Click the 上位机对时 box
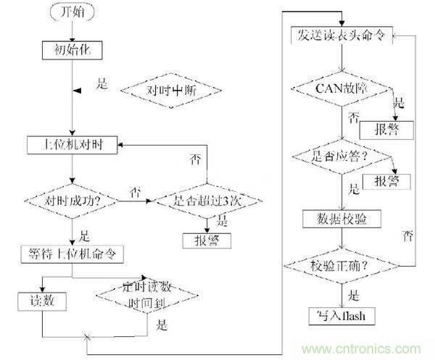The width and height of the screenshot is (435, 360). click(x=74, y=144)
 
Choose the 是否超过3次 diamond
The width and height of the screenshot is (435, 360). click(x=204, y=198)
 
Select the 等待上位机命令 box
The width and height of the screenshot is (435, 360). click(x=73, y=254)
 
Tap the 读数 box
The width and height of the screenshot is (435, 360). click(x=43, y=300)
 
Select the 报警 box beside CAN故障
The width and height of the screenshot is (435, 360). click(x=386, y=130)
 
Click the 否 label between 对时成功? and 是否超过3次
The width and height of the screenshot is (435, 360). click(x=135, y=191)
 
